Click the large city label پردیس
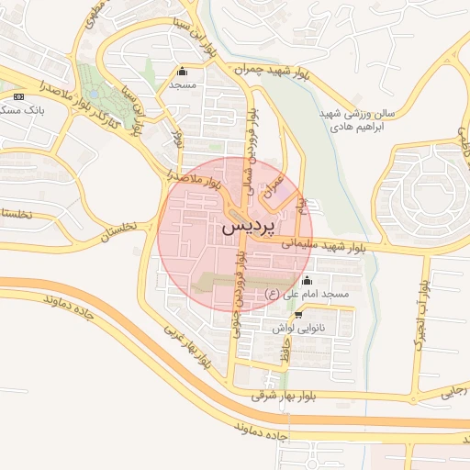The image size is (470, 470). [x=249, y=224]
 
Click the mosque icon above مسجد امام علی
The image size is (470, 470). [x=307, y=280]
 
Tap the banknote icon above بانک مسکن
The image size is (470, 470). [x=17, y=95]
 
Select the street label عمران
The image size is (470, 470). [x=273, y=186]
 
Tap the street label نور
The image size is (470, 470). [x=178, y=140]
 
